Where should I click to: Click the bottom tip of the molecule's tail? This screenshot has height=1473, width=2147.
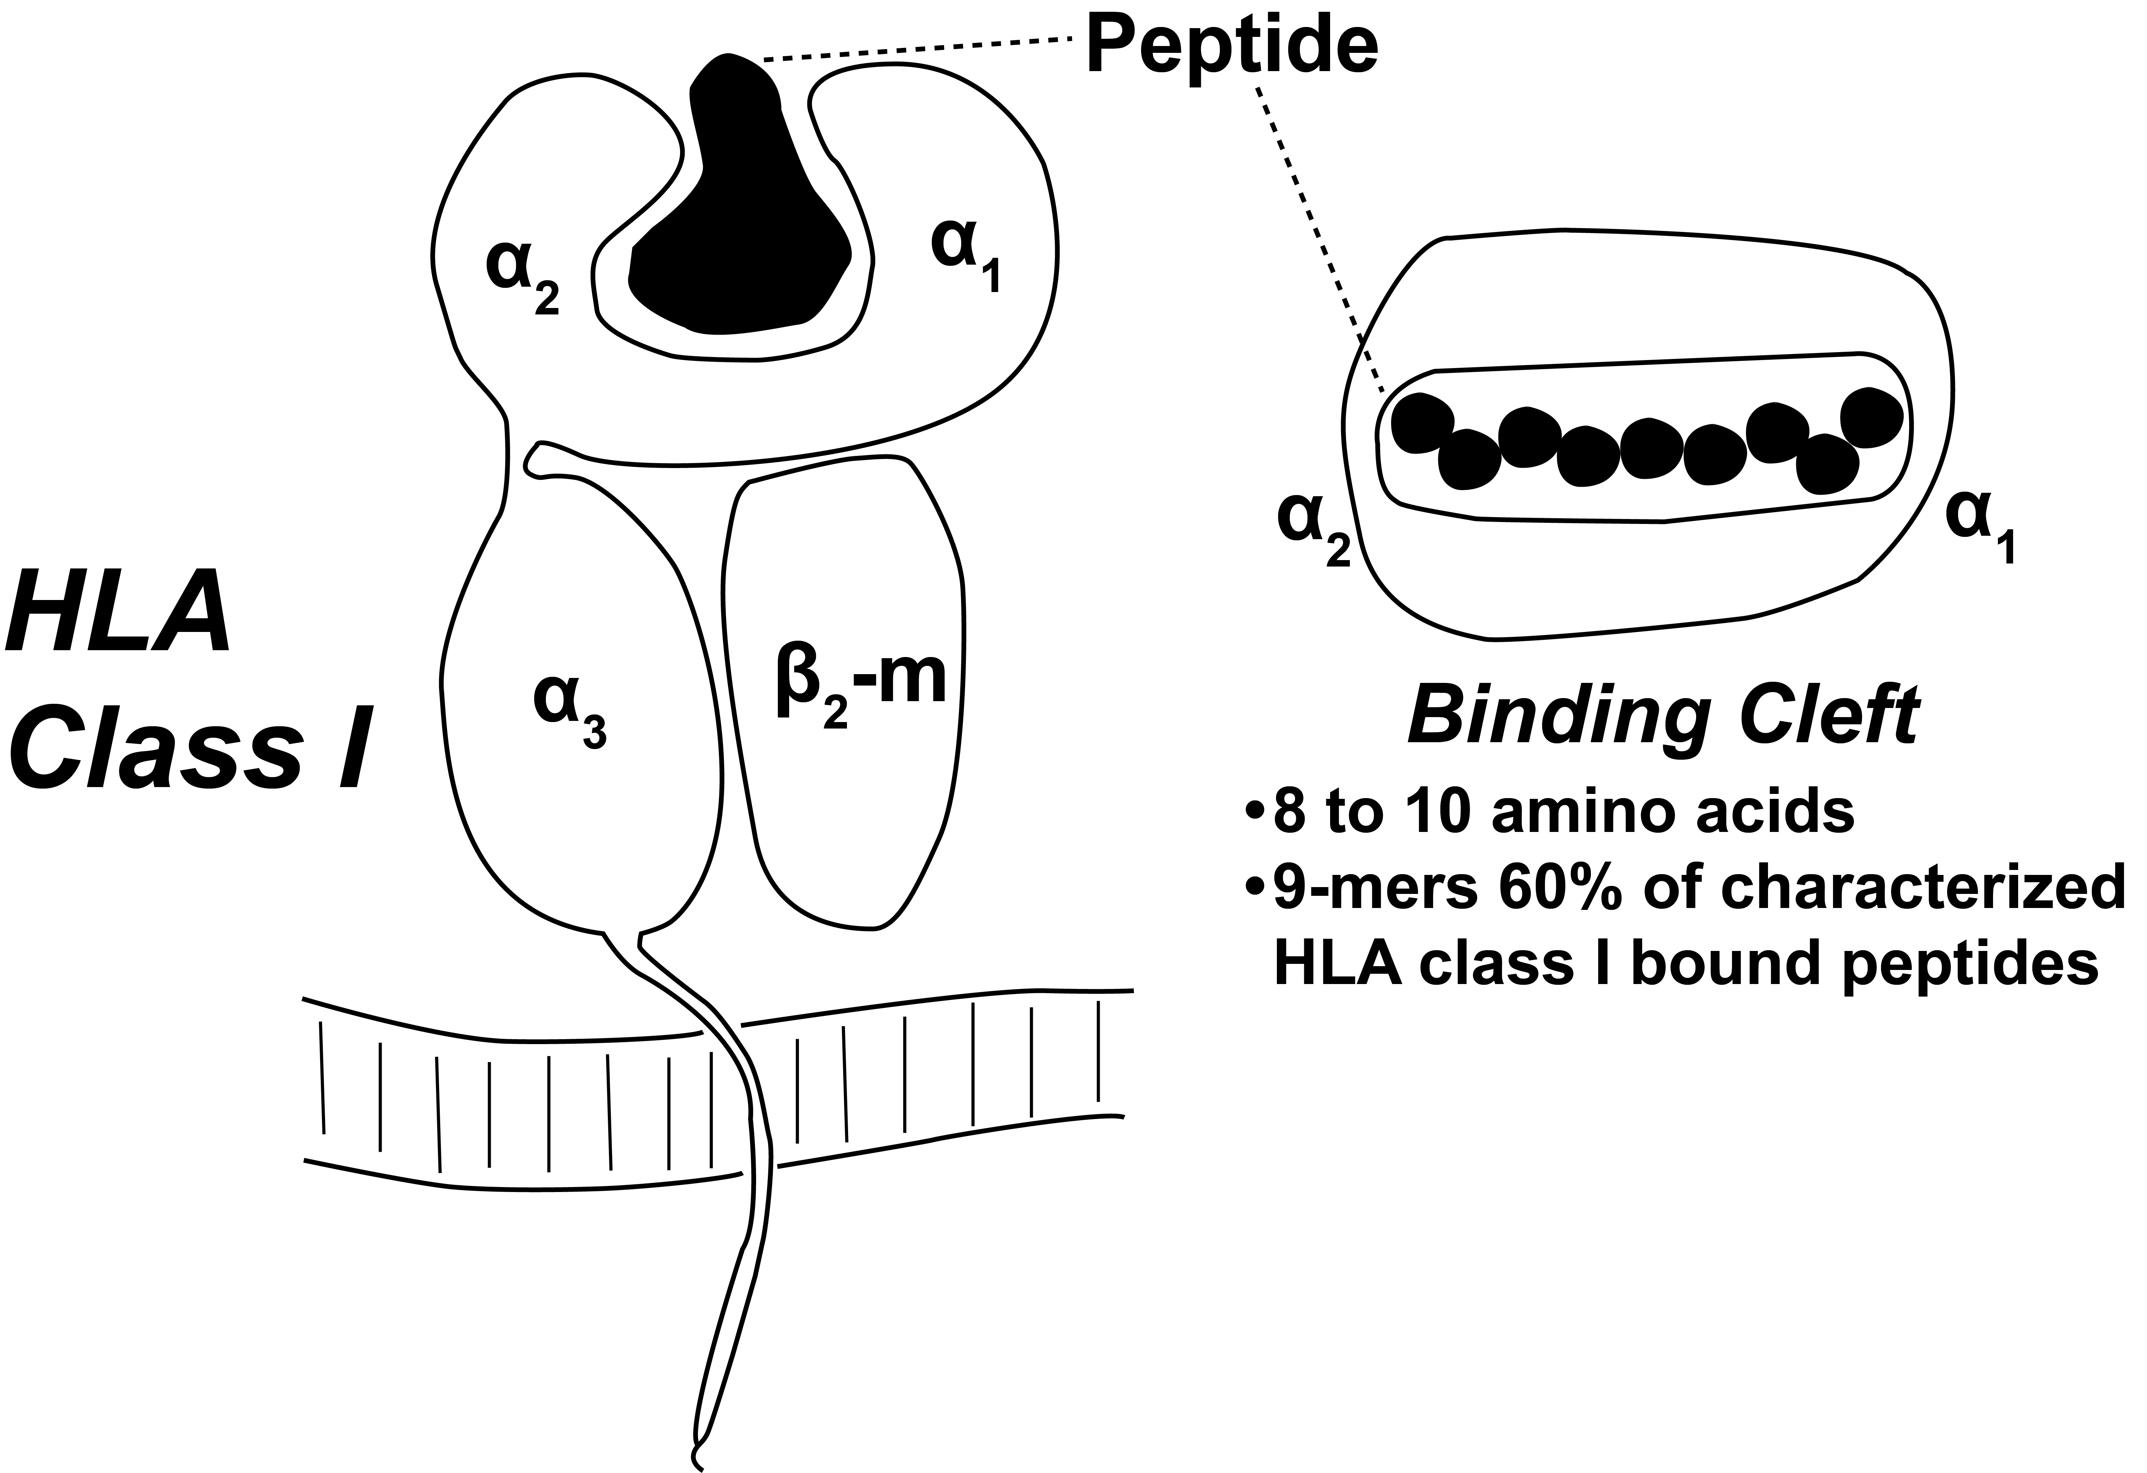698,1465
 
